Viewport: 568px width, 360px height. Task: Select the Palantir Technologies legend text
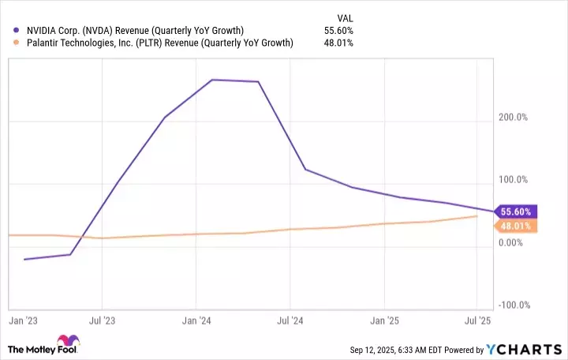(x=159, y=43)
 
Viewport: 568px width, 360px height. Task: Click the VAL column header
(x=345, y=16)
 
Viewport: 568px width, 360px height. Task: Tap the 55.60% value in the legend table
(x=339, y=30)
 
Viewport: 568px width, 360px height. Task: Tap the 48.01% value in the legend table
(x=339, y=43)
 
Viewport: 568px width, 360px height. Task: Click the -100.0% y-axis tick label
(x=515, y=306)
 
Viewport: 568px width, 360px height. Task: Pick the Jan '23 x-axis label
(x=23, y=321)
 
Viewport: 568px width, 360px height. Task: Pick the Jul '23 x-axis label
(x=102, y=321)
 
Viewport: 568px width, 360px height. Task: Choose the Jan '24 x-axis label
(x=196, y=321)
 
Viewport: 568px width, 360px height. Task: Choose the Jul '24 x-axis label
(x=290, y=321)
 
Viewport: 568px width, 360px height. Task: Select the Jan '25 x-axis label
(x=384, y=321)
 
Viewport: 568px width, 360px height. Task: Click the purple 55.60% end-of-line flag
(x=517, y=212)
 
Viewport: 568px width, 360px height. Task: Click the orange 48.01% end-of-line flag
(x=517, y=227)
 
